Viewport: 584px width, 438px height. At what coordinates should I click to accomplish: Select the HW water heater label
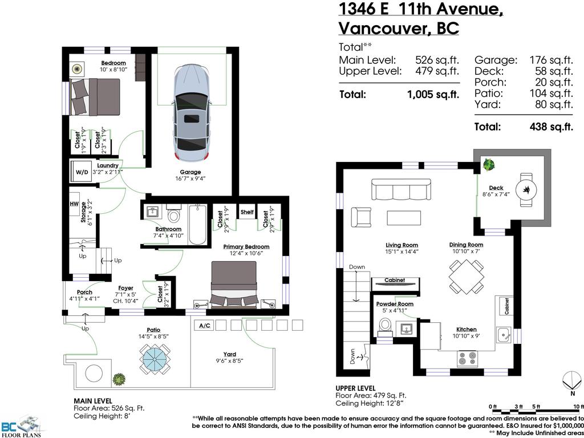tap(74, 204)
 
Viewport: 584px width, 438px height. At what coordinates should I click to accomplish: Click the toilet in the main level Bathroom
tap(175, 215)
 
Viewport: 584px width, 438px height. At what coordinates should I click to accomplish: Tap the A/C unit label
tap(202, 326)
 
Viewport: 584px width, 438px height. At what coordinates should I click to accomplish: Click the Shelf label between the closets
tap(247, 212)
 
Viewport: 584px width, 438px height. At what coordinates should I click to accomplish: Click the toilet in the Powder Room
tap(386, 327)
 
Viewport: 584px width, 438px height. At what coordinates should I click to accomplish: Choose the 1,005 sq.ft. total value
tap(433, 95)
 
